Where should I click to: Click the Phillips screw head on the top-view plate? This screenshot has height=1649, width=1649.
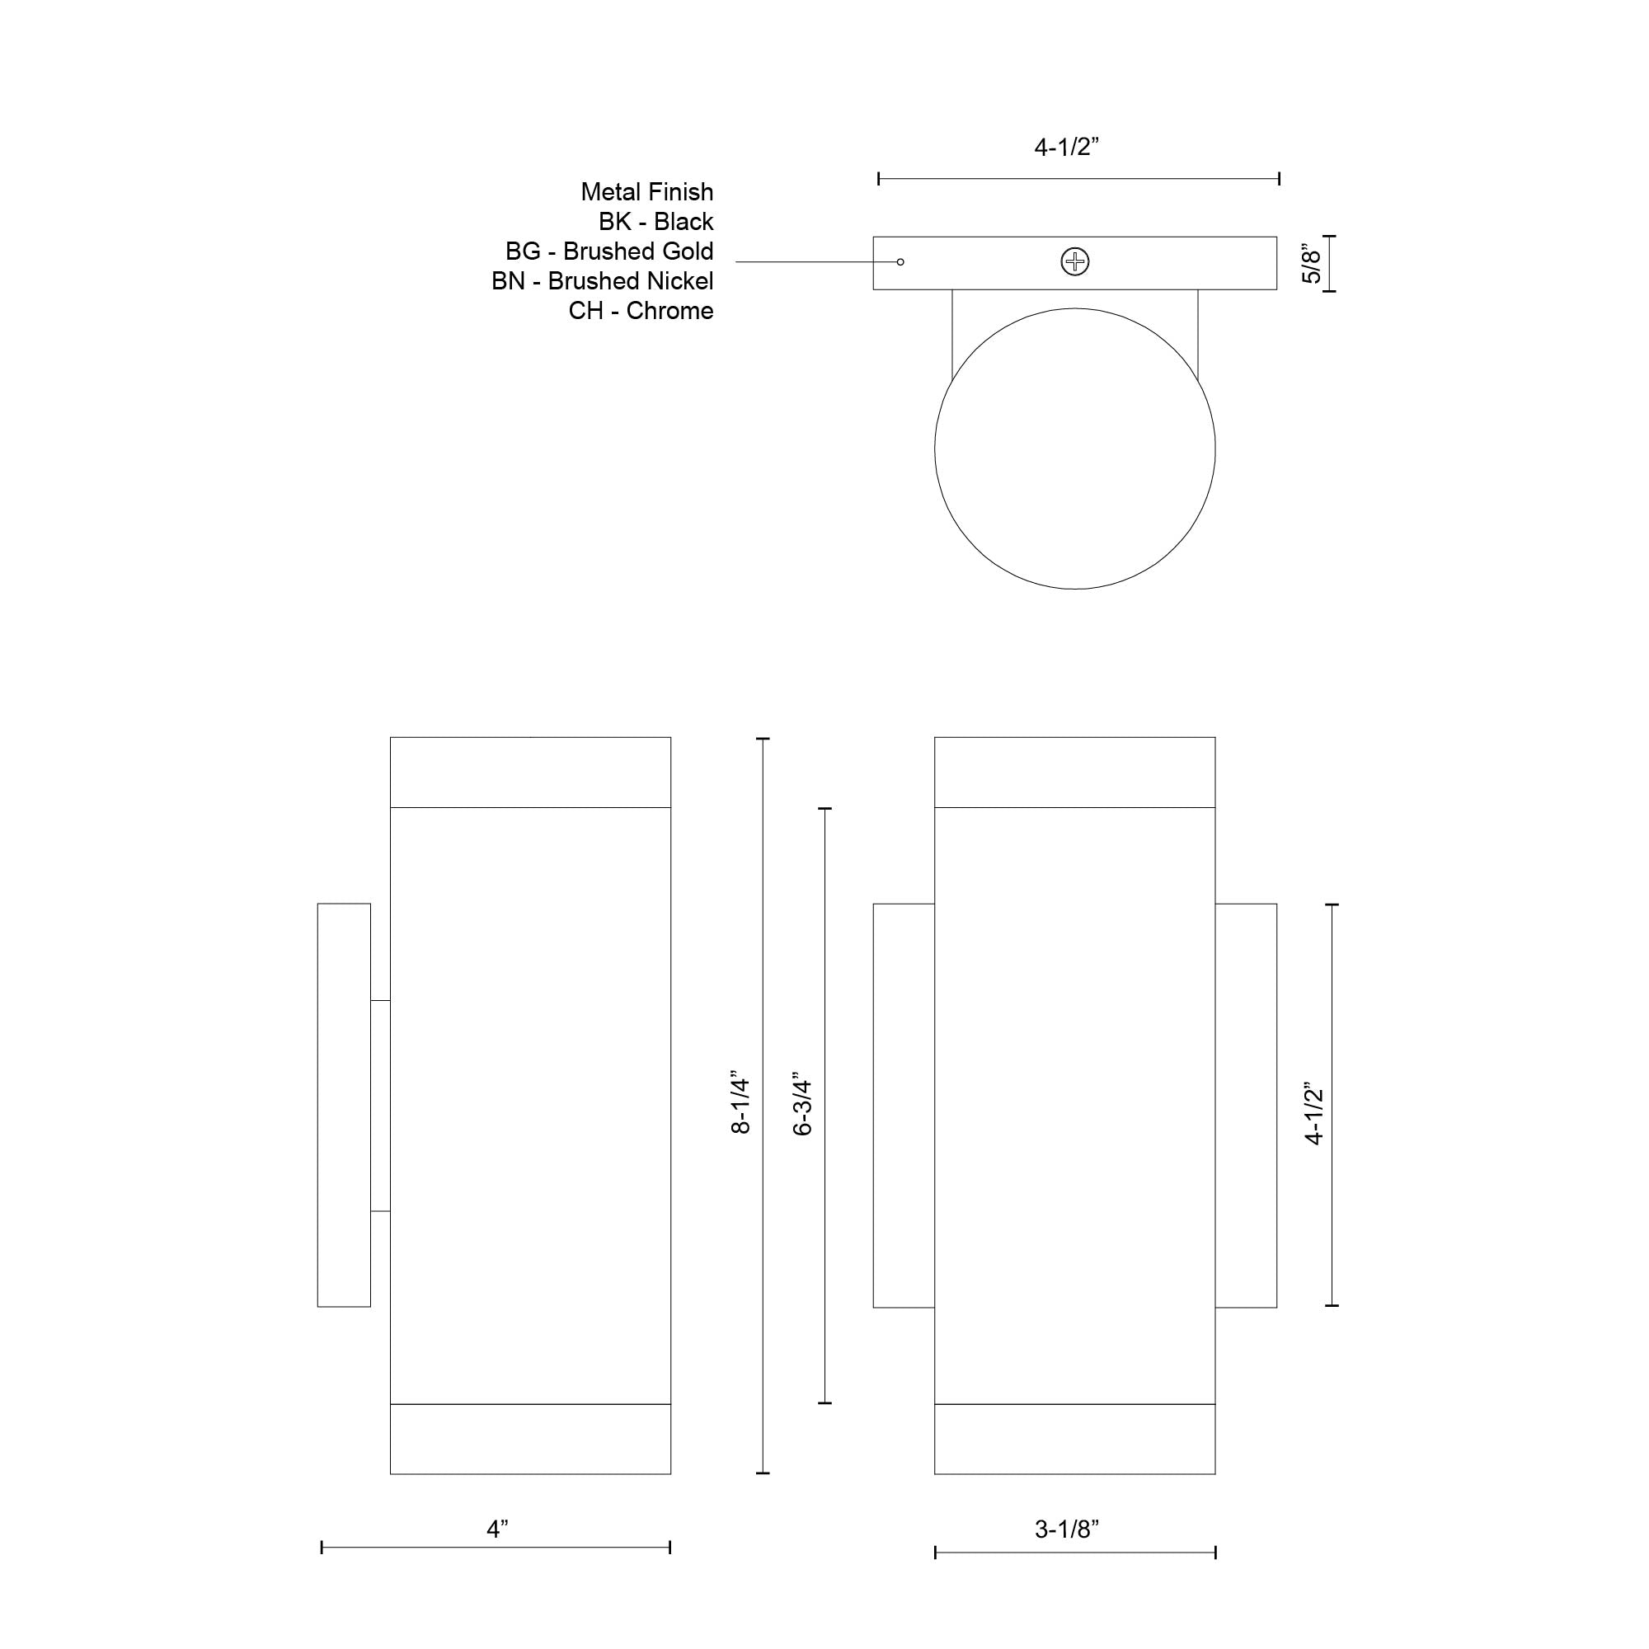pos(1074,262)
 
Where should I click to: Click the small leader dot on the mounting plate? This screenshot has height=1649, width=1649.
pos(900,262)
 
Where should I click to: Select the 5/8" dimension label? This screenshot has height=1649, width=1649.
pos(1312,264)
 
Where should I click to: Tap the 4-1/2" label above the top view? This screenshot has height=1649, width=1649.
pos(1067,147)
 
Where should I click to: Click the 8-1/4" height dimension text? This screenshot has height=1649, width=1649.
pos(740,1106)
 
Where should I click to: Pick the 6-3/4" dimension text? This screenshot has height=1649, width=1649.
pos(802,1106)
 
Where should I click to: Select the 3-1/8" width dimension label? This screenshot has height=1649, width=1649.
pos(1067,1529)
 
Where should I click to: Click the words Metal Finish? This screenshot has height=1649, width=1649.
pos(647,192)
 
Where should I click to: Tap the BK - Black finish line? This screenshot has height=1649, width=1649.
pos(655,222)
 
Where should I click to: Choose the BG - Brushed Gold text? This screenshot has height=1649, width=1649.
pos(609,251)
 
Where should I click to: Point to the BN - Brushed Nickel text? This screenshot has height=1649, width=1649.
pos(603,281)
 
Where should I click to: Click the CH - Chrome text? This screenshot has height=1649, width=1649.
pos(641,311)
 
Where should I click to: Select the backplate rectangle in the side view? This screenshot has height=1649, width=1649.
pos(344,1105)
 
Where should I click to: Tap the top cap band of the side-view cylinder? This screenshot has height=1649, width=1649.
pos(530,773)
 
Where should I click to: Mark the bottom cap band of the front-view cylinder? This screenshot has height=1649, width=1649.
pos(1074,1439)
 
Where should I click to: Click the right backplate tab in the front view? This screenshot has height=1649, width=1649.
pos(1245,1106)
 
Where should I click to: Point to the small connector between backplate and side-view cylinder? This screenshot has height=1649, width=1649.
pos(380,1106)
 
